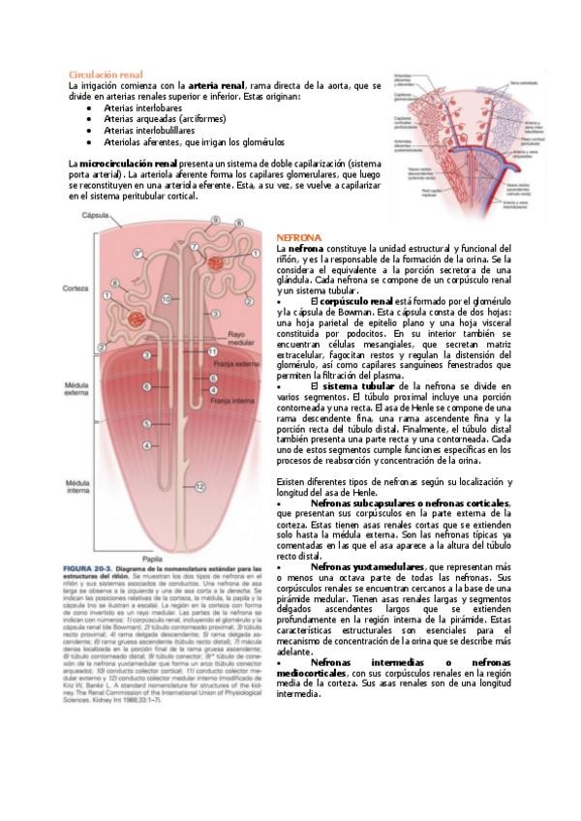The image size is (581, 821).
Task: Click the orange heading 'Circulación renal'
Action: (x=106, y=74)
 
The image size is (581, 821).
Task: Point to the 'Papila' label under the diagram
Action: (x=149, y=558)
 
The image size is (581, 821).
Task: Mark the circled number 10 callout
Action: (x=166, y=300)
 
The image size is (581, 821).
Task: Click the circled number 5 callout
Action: (x=147, y=423)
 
